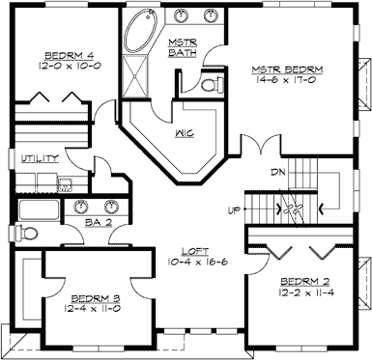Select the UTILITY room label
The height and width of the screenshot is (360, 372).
(34, 157)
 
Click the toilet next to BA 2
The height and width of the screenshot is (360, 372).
(31, 232)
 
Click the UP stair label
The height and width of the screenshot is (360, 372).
(232, 209)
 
